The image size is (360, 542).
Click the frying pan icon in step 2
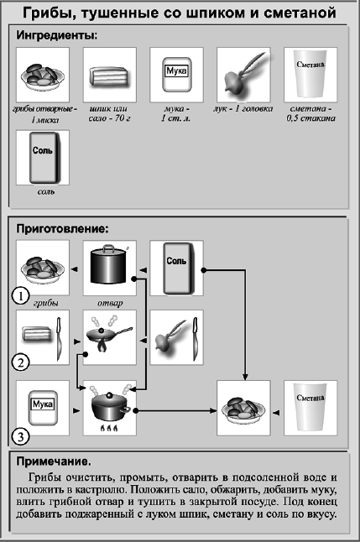(x=104, y=337)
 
